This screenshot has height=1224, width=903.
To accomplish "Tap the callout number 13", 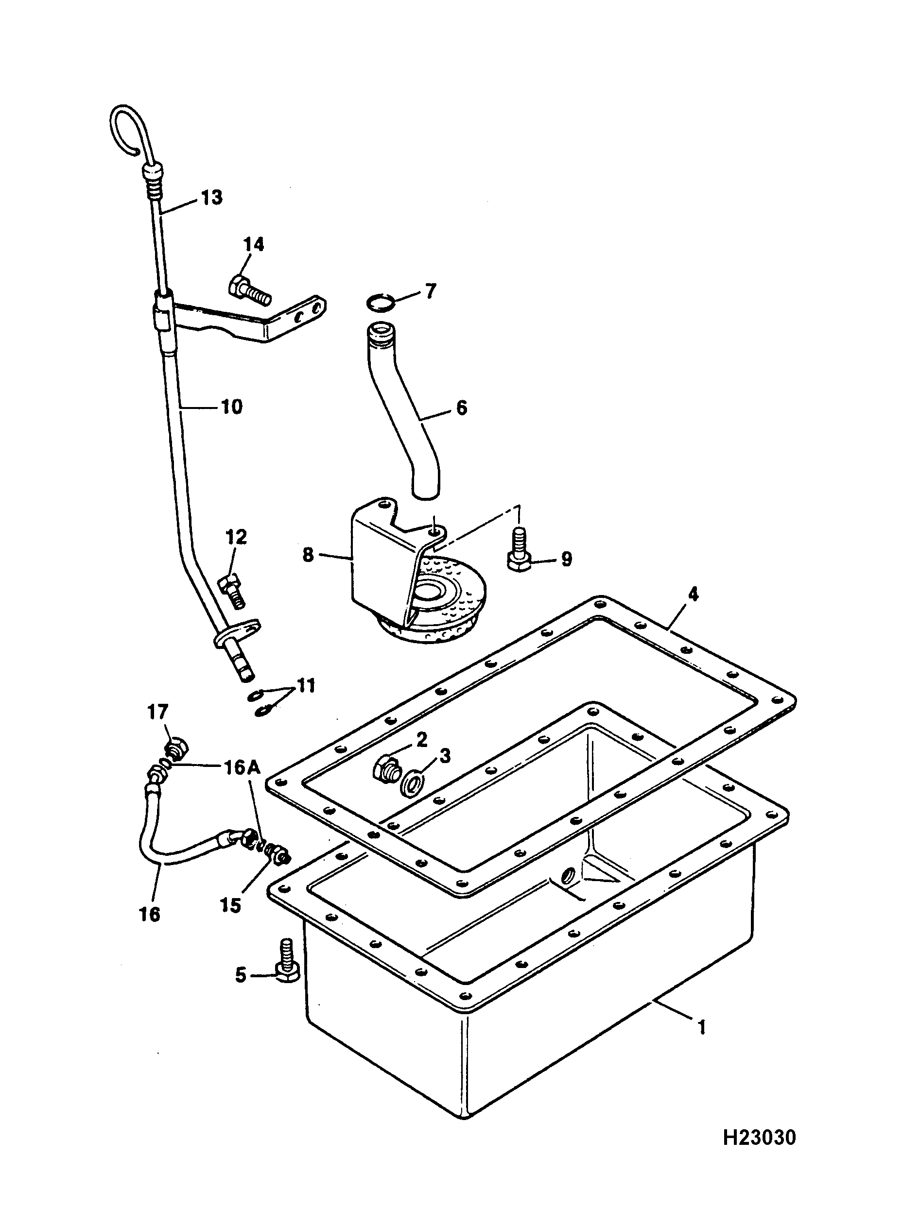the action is point(211,197).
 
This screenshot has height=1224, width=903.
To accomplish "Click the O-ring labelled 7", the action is point(381,302).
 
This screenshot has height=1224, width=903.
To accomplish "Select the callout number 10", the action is point(232,407).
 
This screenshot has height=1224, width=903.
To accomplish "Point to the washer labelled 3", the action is point(412,784).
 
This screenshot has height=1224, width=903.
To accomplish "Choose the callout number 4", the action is point(693,594).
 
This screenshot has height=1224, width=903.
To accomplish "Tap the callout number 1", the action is point(702,1028).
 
